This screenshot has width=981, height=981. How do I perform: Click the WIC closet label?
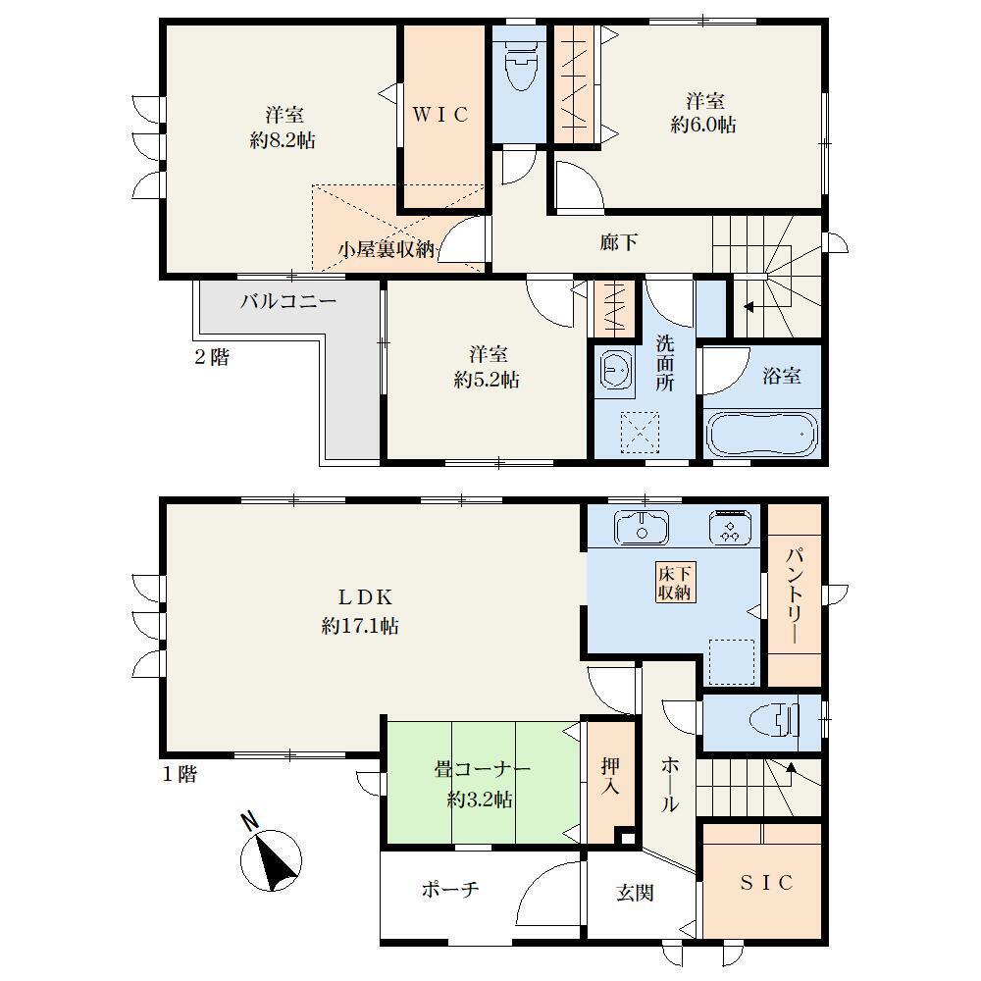point(440,115)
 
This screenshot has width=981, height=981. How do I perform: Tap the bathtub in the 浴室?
point(762,435)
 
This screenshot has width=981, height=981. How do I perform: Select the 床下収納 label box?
point(675,583)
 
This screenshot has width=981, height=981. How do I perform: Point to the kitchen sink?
point(642,527)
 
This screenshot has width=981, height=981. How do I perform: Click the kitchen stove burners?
point(730,527)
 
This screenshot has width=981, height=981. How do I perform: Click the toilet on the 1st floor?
point(775,722)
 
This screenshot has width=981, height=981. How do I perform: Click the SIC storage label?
point(766,882)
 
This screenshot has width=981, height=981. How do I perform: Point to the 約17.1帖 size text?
point(360,626)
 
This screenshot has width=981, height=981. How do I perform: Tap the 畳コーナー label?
point(483,769)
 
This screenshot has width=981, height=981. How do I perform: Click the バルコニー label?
point(289,301)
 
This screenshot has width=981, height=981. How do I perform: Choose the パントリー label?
point(794,595)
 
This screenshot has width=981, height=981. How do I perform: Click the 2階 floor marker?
point(212,357)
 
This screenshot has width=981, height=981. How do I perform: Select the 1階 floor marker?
point(180,775)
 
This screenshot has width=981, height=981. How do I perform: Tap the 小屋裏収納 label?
point(386,249)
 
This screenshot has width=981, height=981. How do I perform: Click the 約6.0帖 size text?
point(703,125)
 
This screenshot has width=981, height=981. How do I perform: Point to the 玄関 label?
point(635,892)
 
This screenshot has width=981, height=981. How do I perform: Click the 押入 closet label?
point(610,775)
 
